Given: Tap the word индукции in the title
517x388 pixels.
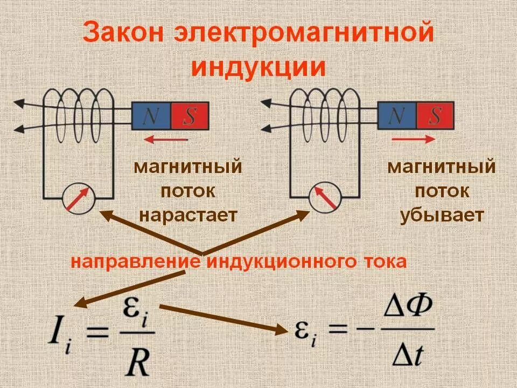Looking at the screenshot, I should click(x=259, y=69).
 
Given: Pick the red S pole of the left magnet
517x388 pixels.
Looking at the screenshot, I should click(x=190, y=116).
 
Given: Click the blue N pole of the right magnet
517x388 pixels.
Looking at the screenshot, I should click(x=397, y=116).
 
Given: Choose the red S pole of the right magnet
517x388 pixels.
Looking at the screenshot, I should click(x=435, y=116).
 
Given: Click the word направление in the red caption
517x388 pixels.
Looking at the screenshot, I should click(x=135, y=262).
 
